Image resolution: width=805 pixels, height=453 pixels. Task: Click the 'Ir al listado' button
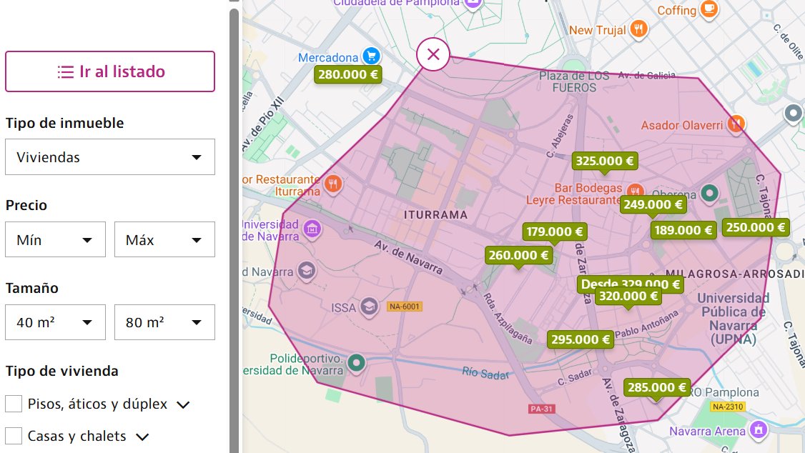tap(110, 71)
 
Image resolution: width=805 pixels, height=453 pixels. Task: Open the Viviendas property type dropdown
tap(110, 157)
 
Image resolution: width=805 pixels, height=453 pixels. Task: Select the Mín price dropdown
tap(56, 240)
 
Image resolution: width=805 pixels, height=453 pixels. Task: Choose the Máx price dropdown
tap(164, 240)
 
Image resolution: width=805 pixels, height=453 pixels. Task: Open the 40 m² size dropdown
tap(56, 322)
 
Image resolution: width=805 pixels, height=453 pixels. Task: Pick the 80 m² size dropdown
tap(164, 322)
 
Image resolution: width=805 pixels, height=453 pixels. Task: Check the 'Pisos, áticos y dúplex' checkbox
tap(14, 404)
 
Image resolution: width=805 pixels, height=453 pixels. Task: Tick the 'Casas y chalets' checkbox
tap(14, 436)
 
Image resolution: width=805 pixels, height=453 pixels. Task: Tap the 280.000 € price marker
tap(347, 74)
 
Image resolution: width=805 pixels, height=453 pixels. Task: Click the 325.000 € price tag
tap(605, 161)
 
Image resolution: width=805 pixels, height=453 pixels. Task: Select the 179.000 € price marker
tap(555, 232)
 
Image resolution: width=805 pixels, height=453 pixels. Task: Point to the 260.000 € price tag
tap(518, 255)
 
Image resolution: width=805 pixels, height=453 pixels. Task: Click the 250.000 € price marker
tap(756, 228)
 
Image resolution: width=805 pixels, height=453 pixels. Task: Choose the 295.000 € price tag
tap(580, 340)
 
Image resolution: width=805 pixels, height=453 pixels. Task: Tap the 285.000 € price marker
tap(657, 388)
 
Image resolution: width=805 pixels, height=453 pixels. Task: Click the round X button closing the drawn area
tap(433, 54)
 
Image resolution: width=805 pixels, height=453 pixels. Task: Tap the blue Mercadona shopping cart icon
tap(370, 56)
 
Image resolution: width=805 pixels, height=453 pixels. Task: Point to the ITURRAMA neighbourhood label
tap(435, 214)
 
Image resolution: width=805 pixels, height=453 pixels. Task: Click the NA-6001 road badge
tap(405, 307)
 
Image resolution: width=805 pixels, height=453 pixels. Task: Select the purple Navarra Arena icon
tap(758, 430)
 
